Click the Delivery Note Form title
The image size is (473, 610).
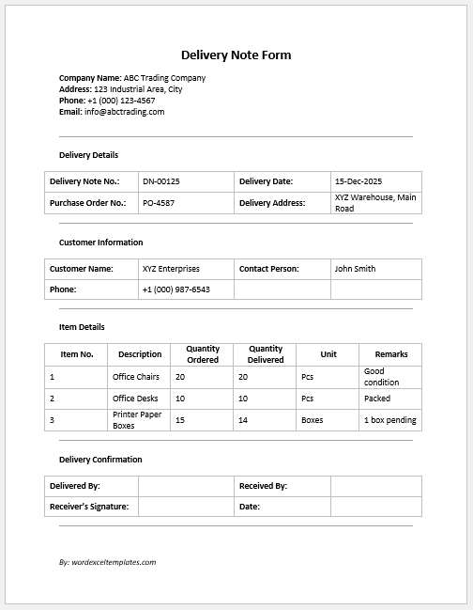click(236, 55)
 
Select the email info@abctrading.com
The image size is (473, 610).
click(125, 112)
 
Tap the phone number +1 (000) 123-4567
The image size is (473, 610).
click(121, 101)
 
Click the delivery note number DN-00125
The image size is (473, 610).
click(161, 181)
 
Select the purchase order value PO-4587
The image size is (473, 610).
click(159, 203)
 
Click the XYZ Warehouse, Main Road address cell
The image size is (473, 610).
click(374, 203)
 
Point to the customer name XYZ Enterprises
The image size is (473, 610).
click(171, 269)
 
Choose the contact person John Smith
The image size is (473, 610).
click(355, 269)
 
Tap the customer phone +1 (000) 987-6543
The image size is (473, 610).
click(175, 289)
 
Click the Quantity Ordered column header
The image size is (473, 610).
click(203, 354)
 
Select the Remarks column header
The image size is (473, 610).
click(390, 354)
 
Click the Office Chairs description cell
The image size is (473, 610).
click(136, 377)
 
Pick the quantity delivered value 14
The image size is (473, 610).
click(243, 420)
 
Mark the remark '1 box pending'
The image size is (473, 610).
click(389, 420)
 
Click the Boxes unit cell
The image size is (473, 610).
click(312, 420)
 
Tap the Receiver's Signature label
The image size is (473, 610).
click(88, 507)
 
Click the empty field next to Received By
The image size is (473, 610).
click(375, 486)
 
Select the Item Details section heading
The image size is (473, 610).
click(82, 327)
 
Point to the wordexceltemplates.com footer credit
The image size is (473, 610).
click(107, 562)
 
